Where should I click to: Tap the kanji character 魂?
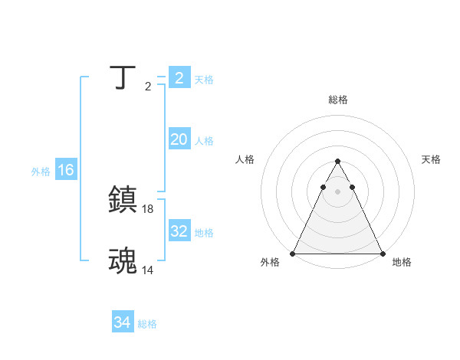pos(123,260)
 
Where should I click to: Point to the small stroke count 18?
pos(148,208)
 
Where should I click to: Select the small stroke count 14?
pos(148,270)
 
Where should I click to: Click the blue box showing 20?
pos(179,139)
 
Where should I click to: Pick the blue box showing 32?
pos(179,231)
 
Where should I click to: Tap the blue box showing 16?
pos(66,170)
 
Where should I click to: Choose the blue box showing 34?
pos(123,322)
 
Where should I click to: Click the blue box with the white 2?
pos(179,78)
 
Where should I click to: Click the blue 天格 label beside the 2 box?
pos(204,80)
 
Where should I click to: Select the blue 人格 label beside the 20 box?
pos(204,141)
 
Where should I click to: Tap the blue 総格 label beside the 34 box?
pos(147,324)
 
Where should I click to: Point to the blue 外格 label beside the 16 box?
pos(41,172)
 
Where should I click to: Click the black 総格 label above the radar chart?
pos(338,100)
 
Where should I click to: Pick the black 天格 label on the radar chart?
pos(431,159)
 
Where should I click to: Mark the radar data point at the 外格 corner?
pos(293,254)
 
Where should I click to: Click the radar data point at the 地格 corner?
pos(383,254)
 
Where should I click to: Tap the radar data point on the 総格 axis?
pos(337,162)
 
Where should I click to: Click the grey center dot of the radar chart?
pos(337,191)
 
